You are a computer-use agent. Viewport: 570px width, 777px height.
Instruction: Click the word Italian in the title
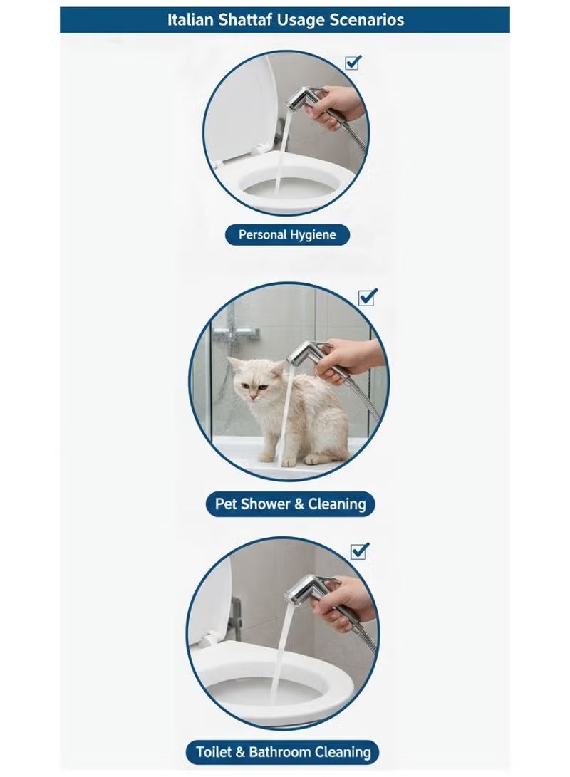tap(190, 20)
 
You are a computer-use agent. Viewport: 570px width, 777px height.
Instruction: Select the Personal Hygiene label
tap(287, 235)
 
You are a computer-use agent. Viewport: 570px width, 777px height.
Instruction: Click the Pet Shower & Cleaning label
tap(291, 504)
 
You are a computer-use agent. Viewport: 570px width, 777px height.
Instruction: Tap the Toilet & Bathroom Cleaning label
tap(283, 752)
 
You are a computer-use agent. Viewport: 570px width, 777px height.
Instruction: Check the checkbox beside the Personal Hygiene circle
tap(353, 63)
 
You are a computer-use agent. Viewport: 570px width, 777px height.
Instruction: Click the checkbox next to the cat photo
tap(367, 297)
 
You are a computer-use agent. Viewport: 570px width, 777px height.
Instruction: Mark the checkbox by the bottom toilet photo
tap(359, 551)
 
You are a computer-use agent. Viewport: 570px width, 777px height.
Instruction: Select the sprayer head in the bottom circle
tap(306, 590)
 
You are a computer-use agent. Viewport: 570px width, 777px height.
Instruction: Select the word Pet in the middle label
tap(227, 504)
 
